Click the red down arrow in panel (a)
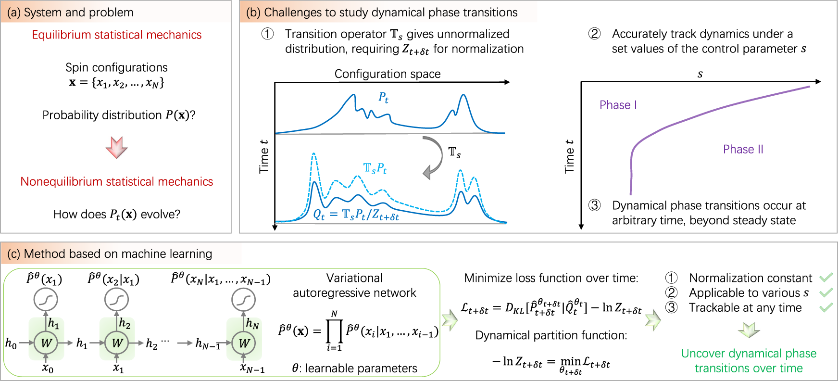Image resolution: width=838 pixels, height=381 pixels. pos(116,147)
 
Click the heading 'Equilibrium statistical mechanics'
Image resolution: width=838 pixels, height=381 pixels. pos(117,35)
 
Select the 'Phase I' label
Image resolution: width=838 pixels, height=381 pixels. pos(618,105)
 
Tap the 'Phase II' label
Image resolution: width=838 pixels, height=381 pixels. pos(743,149)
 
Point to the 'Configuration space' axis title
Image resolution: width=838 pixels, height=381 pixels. pos(388,74)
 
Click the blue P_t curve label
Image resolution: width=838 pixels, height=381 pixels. pos(383,98)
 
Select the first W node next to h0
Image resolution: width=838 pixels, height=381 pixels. pos(46,343)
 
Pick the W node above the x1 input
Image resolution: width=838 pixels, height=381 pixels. pos(117,343)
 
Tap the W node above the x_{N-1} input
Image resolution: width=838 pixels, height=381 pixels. pos(244,343)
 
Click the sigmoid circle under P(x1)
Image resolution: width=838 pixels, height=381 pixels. pos(46,300)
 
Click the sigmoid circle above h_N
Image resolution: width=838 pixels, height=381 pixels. pos(243,300)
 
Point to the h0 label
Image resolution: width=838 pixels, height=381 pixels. pos(11,343)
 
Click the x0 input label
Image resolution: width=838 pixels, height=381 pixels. pos(47,368)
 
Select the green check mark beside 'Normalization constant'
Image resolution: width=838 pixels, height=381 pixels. pos(826,278)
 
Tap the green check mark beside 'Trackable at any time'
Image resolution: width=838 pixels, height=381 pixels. pos(826,307)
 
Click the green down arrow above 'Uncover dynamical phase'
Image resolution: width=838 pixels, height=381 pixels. pos(749,330)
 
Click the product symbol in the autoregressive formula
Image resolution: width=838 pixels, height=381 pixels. pos(334,330)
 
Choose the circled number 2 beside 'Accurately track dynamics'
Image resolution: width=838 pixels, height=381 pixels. pos(594,34)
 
